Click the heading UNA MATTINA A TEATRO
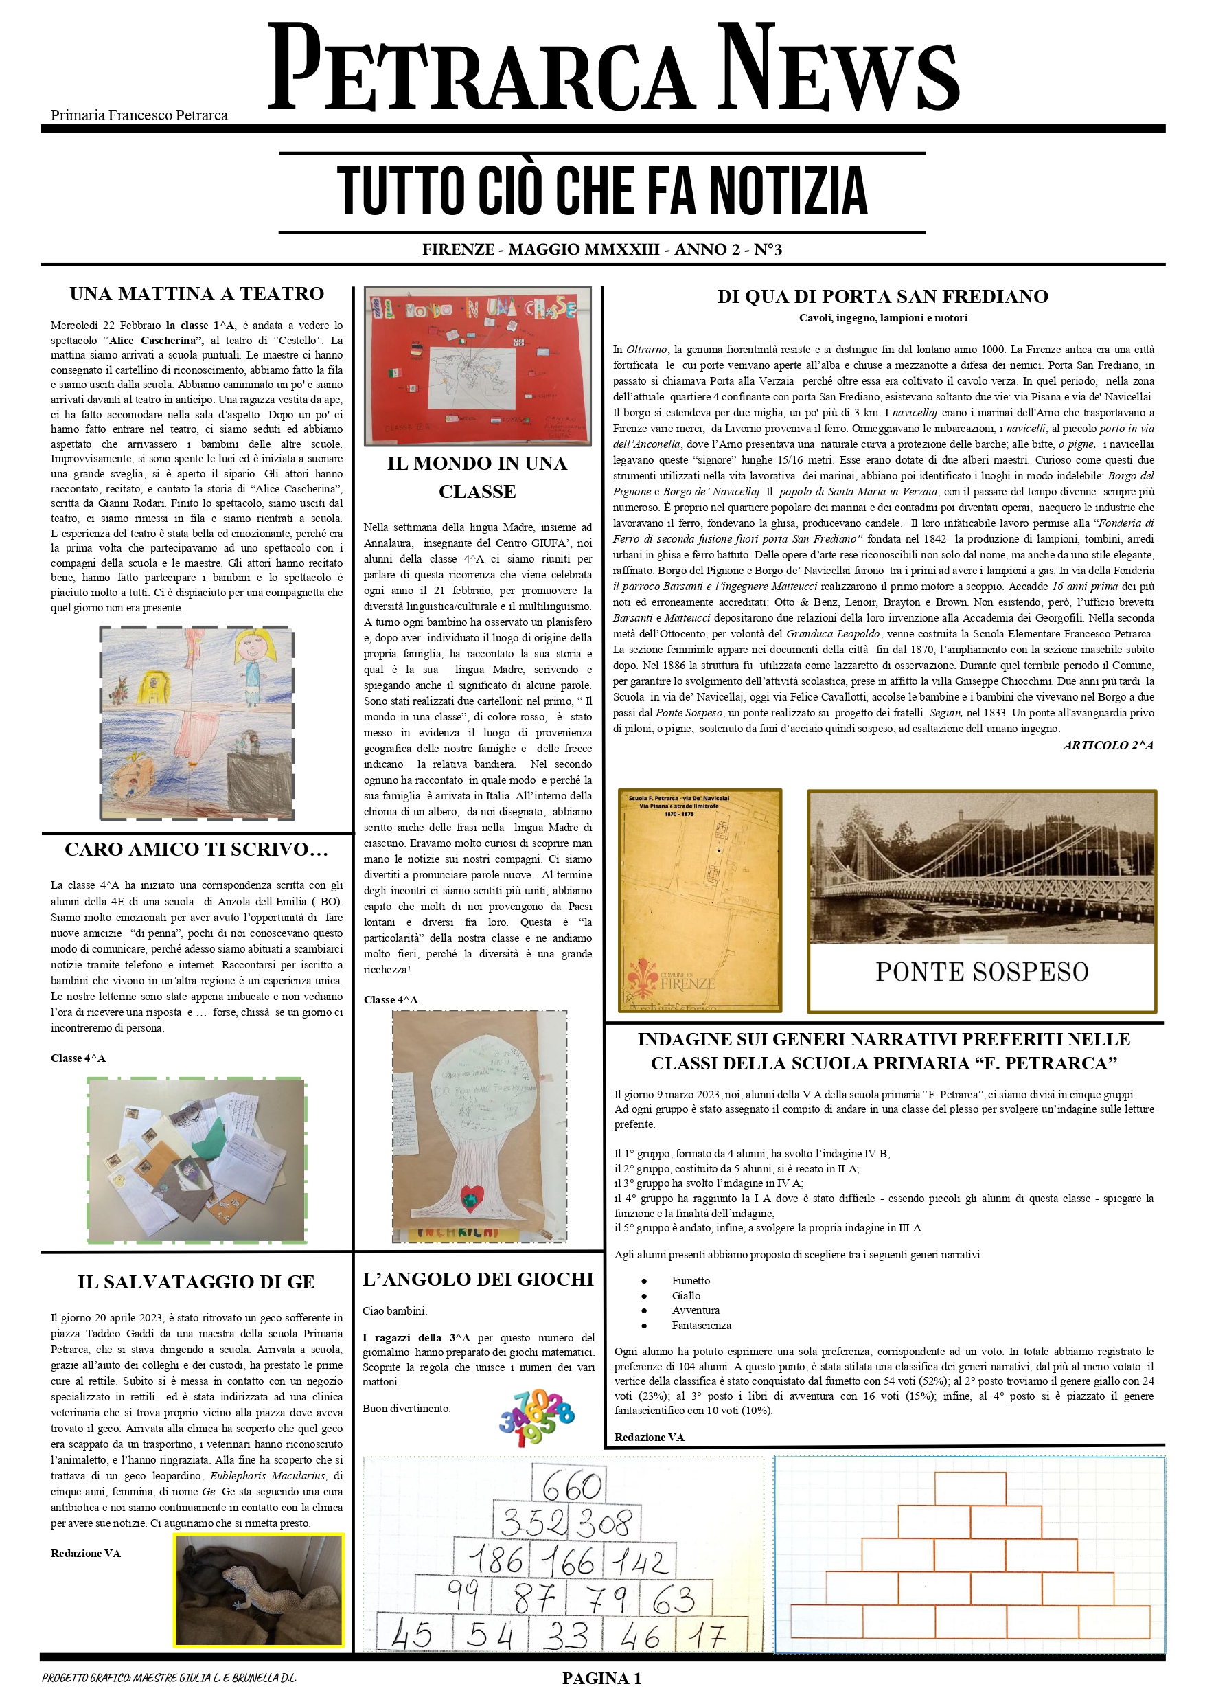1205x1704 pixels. point(196,294)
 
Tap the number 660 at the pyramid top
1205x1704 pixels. point(571,1486)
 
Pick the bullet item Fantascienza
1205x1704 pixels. point(701,1325)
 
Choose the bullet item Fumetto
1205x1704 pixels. point(691,1280)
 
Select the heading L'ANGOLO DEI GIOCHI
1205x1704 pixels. point(478,1279)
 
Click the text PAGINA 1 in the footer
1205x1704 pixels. point(601,1678)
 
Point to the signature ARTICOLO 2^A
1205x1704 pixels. point(1108,745)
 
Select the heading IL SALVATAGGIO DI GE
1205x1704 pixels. point(196,1282)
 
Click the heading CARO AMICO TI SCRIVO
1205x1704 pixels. point(196,849)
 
